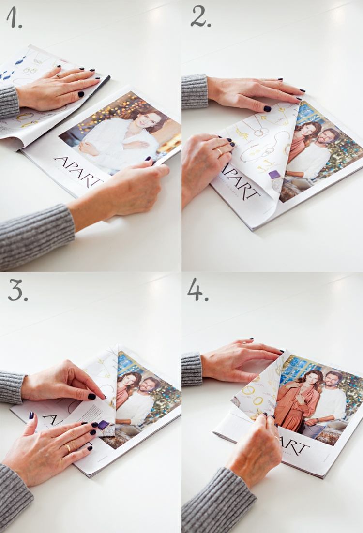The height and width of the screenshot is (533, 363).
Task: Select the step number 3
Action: tap(18, 290)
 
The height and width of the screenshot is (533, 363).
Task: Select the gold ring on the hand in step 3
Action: tap(68, 447)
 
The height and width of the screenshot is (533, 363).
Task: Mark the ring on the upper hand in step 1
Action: tap(58, 75)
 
